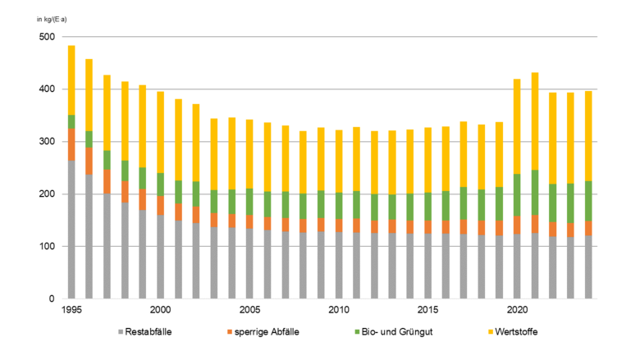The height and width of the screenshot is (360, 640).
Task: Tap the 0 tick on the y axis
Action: (x=51, y=299)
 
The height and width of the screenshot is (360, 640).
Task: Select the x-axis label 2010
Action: (x=337, y=311)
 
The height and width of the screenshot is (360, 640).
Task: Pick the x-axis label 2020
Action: (x=517, y=311)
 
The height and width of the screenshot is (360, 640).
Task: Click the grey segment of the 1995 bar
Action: (x=71, y=230)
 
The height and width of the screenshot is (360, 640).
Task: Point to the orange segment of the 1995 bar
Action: (x=71, y=144)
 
